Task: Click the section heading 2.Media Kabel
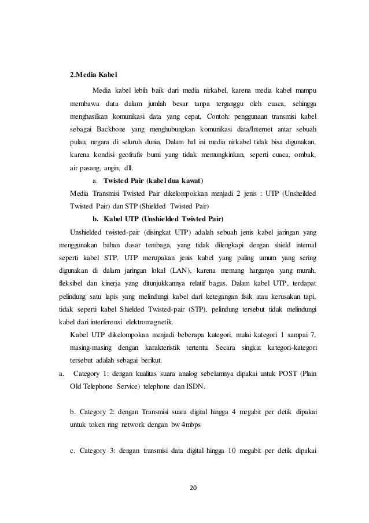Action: coord(93,75)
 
